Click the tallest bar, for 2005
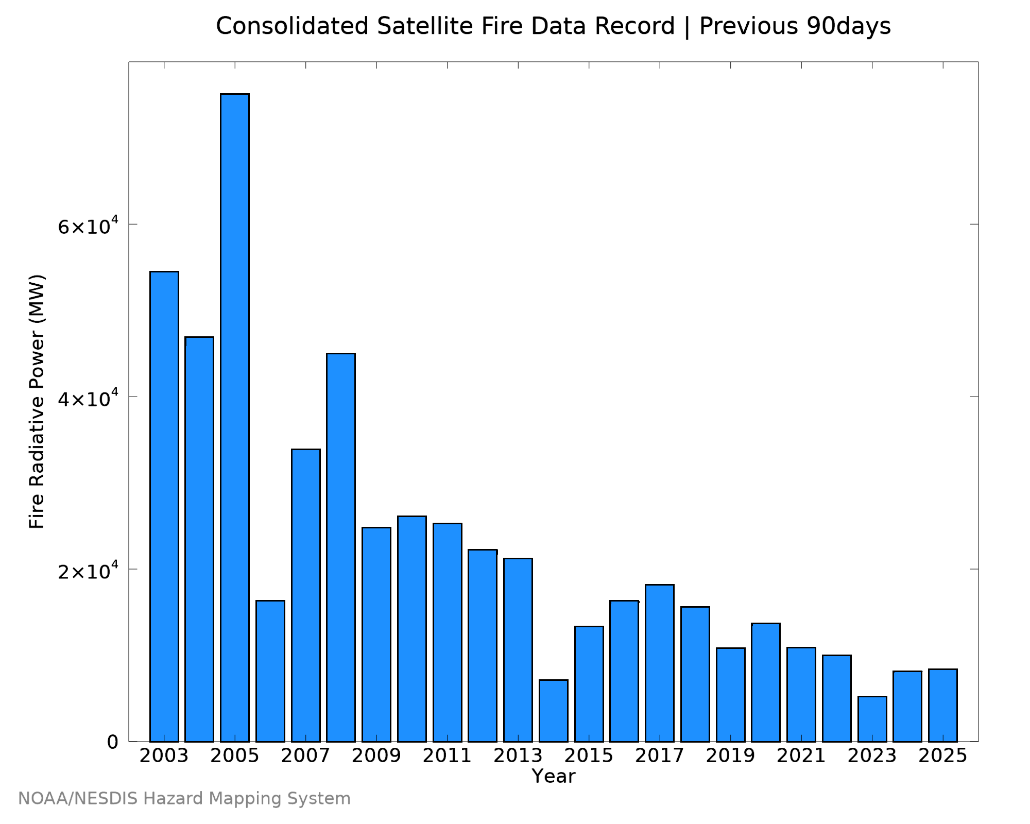pos(235,418)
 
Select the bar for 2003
pos(164,506)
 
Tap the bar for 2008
pos(341,547)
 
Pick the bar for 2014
pos(554,711)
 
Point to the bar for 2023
pos(872,719)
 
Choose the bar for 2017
pos(660,663)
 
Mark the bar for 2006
pos(270,671)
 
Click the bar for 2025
pos(943,705)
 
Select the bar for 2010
pos(412,629)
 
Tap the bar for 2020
pos(766,682)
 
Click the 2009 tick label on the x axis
pos(376,756)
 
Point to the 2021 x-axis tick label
pos(801,756)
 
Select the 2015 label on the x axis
pos(589,756)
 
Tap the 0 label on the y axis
pos(113,742)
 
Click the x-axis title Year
pos(554,776)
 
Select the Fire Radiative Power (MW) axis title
pos(37,402)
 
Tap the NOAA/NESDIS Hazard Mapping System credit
pos(184,799)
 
